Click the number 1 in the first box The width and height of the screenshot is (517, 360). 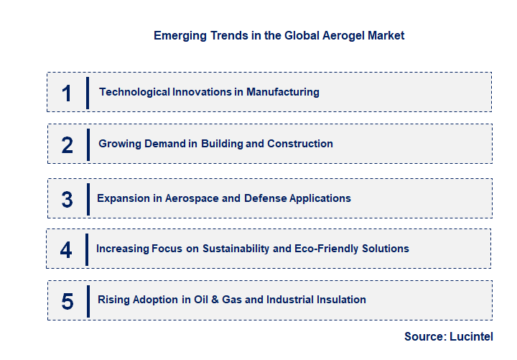[67, 93]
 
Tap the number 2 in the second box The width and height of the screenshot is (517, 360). [67, 145]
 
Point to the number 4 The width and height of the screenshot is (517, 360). [66, 250]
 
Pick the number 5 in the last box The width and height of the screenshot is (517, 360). [67, 301]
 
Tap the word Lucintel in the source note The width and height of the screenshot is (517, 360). [473, 336]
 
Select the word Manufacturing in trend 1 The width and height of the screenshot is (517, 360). [282, 92]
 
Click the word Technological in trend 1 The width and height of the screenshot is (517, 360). [134, 92]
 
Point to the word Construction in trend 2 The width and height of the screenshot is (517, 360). [299, 144]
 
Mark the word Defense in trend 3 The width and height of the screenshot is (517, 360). [264, 198]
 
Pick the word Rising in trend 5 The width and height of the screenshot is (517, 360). [113, 300]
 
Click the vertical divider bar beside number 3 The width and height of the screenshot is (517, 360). [88, 198]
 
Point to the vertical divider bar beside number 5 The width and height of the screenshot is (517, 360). [88, 300]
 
